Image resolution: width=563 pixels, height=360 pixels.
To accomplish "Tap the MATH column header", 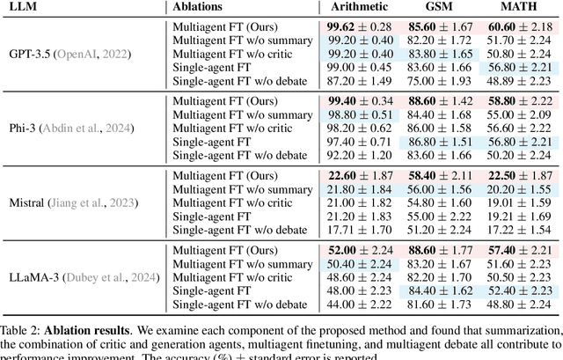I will point(516,7).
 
